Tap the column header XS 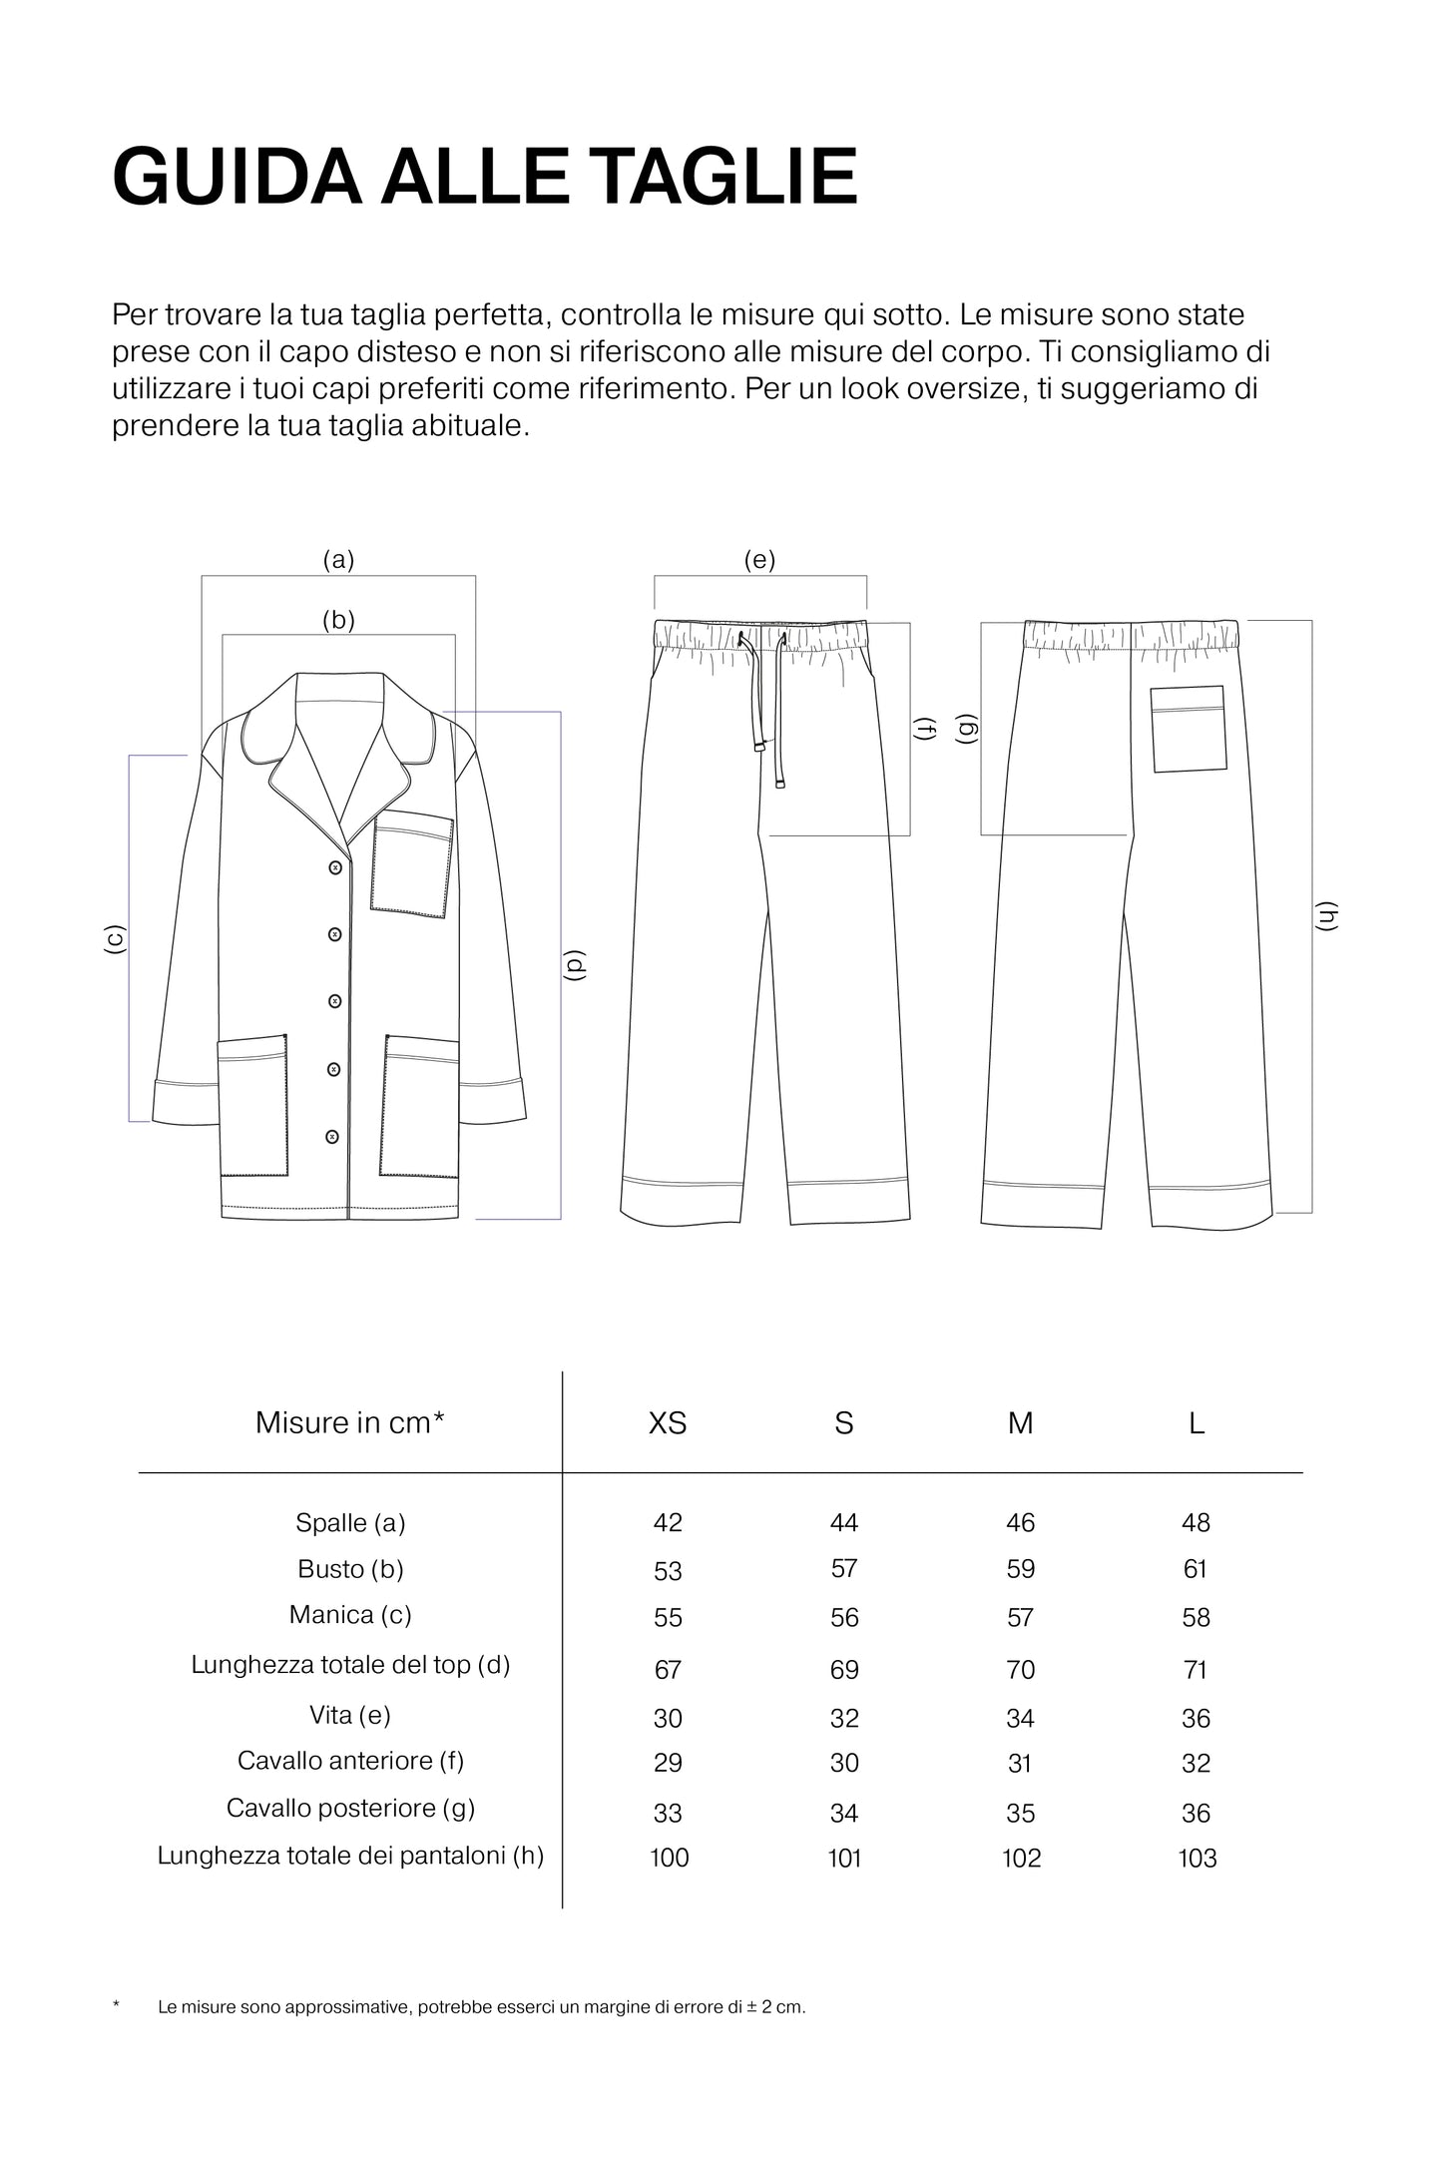click(x=668, y=1422)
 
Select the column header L click(x=1196, y=1422)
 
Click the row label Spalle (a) click(x=350, y=1522)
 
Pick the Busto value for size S click(x=844, y=1569)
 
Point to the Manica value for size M click(x=1020, y=1617)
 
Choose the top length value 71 click(x=1196, y=1669)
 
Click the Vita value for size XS click(x=668, y=1718)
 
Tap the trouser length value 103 click(x=1197, y=1858)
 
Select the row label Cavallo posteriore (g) click(x=350, y=1808)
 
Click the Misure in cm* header click(x=349, y=1422)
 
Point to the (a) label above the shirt click(x=338, y=560)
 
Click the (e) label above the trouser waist click(x=759, y=560)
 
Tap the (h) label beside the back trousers click(x=1326, y=916)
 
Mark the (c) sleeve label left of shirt click(x=115, y=939)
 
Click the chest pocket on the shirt click(x=412, y=864)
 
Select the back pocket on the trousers click(x=1189, y=729)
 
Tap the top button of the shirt click(x=335, y=868)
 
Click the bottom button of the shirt click(x=332, y=1136)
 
